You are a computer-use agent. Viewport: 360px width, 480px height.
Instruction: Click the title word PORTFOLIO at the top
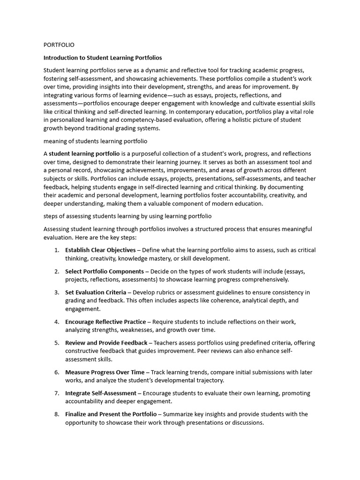click(59, 45)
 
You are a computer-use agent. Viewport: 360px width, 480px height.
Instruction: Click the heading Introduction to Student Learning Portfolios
click(103, 58)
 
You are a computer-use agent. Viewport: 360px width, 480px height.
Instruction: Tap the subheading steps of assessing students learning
click(127, 216)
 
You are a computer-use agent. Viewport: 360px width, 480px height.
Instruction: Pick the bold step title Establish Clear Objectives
click(100, 250)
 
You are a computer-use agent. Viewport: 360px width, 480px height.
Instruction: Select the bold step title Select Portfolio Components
click(105, 271)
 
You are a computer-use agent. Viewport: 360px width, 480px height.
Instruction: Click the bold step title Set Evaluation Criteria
click(96, 292)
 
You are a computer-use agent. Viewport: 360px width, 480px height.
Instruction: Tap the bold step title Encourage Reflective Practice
click(105, 322)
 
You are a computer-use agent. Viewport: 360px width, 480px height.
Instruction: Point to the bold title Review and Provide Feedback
click(106, 343)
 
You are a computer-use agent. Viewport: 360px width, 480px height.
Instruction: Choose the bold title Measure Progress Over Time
click(105, 372)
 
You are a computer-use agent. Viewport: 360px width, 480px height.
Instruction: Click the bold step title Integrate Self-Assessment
click(101, 393)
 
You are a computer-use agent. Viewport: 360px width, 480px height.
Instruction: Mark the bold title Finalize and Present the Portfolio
click(111, 414)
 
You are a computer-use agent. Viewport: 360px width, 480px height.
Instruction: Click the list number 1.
click(56, 250)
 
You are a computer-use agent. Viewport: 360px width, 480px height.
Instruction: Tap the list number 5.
click(56, 343)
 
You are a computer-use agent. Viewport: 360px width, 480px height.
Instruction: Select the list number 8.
click(56, 414)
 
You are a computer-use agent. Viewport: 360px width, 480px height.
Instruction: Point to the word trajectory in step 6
click(209, 380)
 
